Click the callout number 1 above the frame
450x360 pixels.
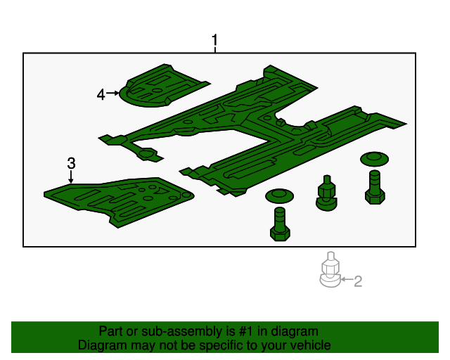click(214, 40)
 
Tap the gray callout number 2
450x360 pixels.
click(358, 281)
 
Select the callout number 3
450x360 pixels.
click(71, 163)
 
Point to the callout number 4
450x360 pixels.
click(101, 94)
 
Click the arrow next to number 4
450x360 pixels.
click(112, 93)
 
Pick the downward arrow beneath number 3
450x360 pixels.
click(71, 176)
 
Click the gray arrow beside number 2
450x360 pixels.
click(347, 278)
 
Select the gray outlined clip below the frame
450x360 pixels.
click(330, 270)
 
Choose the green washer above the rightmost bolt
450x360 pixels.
click(374, 159)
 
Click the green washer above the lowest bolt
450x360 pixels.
click(280, 195)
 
